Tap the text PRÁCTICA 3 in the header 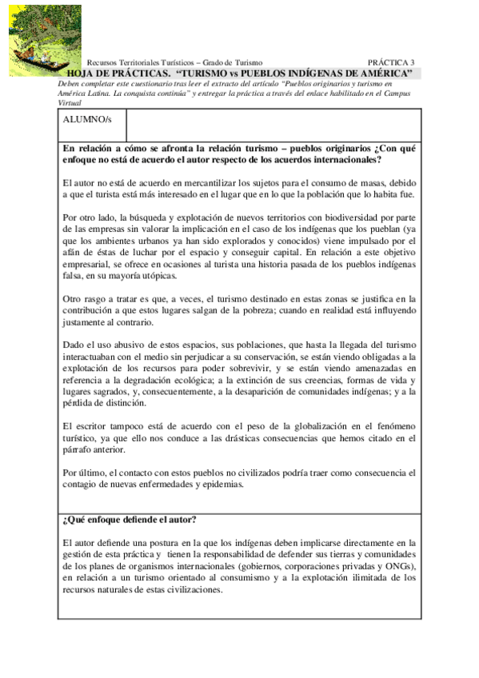click(391, 62)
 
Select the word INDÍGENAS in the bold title click(315, 73)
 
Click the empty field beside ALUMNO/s click(272, 124)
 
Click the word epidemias click(215, 485)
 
